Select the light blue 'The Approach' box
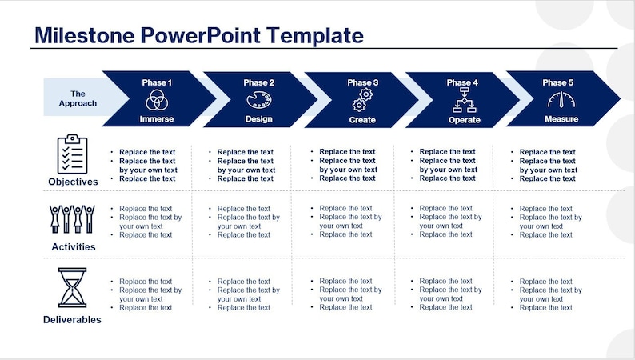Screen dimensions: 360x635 pos(77,98)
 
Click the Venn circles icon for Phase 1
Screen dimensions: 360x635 pos(156,101)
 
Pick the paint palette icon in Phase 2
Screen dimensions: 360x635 pos(258,101)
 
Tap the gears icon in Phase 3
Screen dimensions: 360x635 pos(361,101)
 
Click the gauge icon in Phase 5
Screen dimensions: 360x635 pos(561,100)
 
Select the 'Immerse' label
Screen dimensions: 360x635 pos(156,119)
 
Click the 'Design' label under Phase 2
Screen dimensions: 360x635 pos(258,119)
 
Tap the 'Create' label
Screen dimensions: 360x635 pos(362,120)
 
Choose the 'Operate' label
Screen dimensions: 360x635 pos(464,120)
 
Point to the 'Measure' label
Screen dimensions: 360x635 pos(561,119)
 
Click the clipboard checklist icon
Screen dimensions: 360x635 pos(72,154)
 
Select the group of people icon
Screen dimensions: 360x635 pos(72,220)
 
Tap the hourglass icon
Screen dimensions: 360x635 pos(72,287)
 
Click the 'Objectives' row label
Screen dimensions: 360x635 pos(73,182)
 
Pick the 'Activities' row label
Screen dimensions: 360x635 pos(73,247)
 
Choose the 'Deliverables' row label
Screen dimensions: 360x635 pos(73,320)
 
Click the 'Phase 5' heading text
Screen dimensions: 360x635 pos(558,82)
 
